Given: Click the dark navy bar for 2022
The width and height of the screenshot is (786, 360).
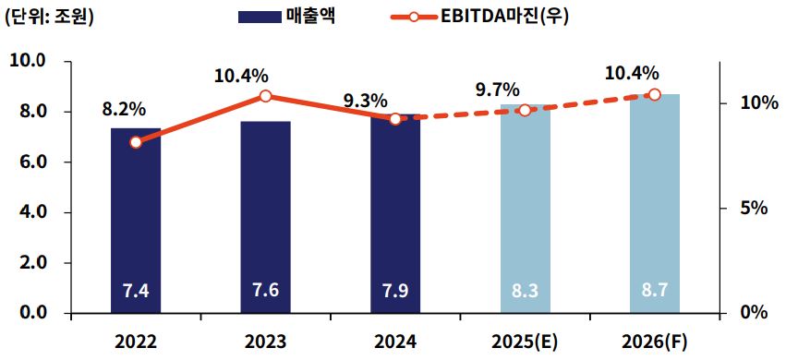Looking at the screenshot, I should [x=136, y=222].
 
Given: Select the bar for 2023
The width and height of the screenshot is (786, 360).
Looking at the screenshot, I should [x=265, y=218].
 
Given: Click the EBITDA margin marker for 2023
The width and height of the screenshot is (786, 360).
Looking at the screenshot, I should [x=265, y=96].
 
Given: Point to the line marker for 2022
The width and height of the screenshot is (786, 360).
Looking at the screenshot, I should [x=136, y=142].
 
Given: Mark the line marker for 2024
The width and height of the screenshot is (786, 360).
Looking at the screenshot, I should [x=395, y=119].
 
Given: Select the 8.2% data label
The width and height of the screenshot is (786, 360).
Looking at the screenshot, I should [x=124, y=109].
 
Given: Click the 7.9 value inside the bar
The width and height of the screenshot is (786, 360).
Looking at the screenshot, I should [x=395, y=291].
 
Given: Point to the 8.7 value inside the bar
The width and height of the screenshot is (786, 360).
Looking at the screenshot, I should [x=654, y=291].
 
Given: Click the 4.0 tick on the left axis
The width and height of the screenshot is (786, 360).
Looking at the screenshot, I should [x=33, y=212].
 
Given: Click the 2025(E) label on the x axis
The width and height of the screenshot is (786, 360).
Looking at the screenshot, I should [x=525, y=341].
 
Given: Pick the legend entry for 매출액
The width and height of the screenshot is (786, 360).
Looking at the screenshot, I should [x=286, y=17].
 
